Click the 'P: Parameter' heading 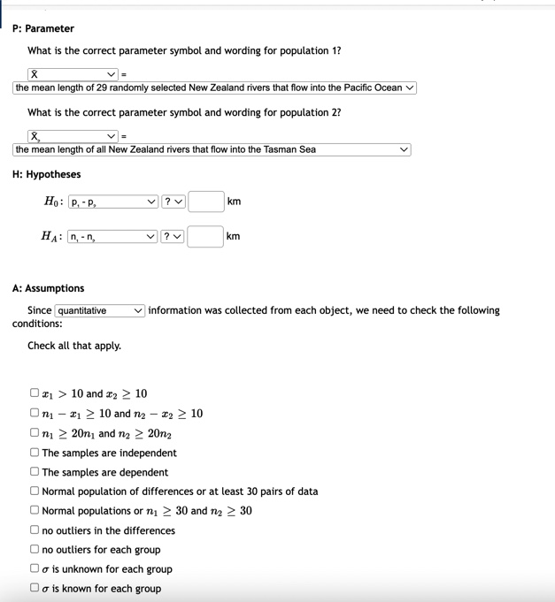tap(43, 28)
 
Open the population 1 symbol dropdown tap(73, 73)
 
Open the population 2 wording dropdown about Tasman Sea tap(212, 149)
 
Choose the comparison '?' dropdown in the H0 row tap(173, 202)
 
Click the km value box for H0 tap(205, 202)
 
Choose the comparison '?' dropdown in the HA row tap(173, 237)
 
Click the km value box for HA tap(205, 237)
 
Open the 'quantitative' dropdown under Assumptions tap(100, 310)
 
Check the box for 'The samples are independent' tap(34, 453)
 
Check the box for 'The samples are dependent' tap(34, 472)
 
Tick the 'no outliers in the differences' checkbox tap(34, 530)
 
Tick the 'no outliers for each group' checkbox tap(34, 550)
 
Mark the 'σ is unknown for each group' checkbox tap(34, 569)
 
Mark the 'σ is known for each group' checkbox tap(34, 589)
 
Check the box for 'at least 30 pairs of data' tap(34, 492)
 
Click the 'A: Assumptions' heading tap(49, 288)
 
